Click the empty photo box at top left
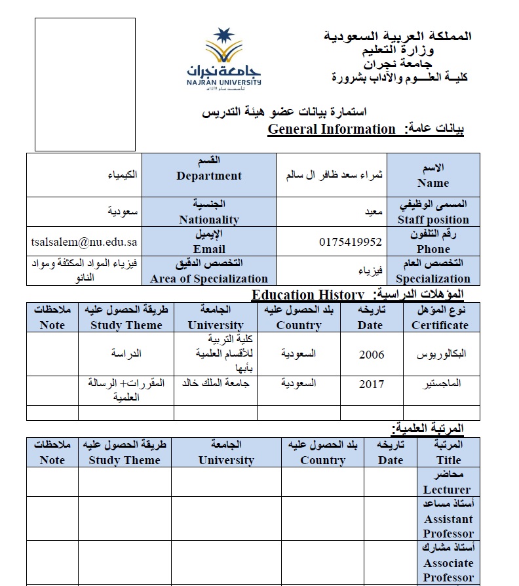85,84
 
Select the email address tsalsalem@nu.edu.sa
84,242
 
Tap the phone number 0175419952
350,242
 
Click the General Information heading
332,129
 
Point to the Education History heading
307,295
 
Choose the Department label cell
209,175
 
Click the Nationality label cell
209,212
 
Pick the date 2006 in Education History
372,355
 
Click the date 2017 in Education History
372,384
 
